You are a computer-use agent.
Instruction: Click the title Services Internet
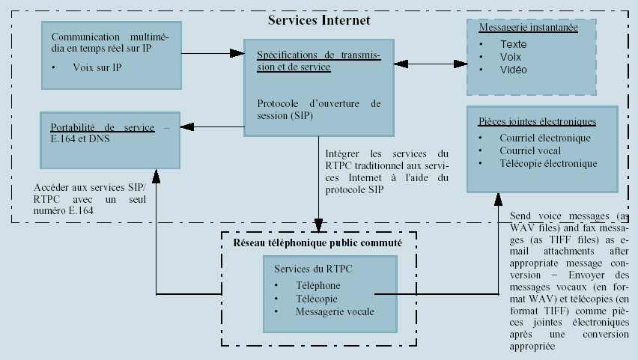pos(319,21)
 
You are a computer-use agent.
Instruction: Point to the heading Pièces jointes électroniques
pos(537,121)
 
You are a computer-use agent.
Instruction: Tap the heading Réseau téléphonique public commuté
pos(318,243)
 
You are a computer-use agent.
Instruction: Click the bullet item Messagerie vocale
pos(335,311)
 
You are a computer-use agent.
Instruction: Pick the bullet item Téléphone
pos(318,286)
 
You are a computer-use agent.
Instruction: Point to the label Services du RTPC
pos(314,269)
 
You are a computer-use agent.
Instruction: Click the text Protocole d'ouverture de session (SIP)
pos(318,109)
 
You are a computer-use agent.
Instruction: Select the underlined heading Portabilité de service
pos(103,127)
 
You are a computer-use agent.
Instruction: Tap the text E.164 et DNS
pos(79,138)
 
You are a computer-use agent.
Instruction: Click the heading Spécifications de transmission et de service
pos(318,61)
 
